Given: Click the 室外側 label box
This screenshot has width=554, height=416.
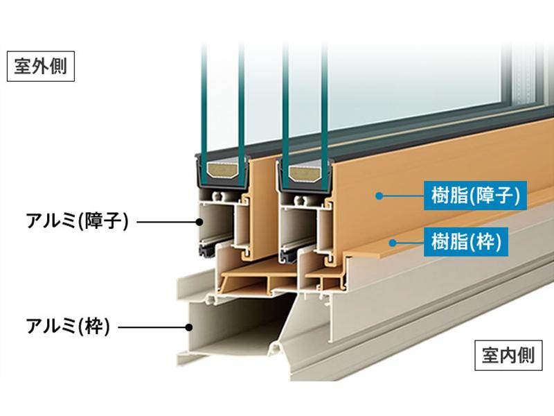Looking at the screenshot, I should pyautogui.click(x=39, y=67).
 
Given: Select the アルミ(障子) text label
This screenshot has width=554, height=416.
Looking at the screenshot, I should pyautogui.click(x=77, y=222).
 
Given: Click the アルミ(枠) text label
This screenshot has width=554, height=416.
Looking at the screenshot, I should pyautogui.click(x=68, y=325).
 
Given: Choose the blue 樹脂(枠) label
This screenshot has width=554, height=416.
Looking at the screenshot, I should pyautogui.click(x=465, y=242).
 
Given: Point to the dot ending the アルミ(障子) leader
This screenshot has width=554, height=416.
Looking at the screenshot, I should pyautogui.click(x=199, y=222).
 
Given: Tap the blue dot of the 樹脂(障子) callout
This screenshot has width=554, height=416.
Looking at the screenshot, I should pyautogui.click(x=379, y=196).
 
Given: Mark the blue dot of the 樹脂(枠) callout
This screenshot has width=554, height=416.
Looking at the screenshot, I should pyautogui.click(x=391, y=242).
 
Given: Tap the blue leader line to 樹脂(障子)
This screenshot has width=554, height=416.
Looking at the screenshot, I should pyautogui.click(x=402, y=196).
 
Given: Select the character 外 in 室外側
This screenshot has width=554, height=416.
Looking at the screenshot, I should pyautogui.click(x=39, y=67).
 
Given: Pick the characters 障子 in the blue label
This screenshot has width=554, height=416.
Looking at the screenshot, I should pyautogui.click(x=495, y=196).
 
